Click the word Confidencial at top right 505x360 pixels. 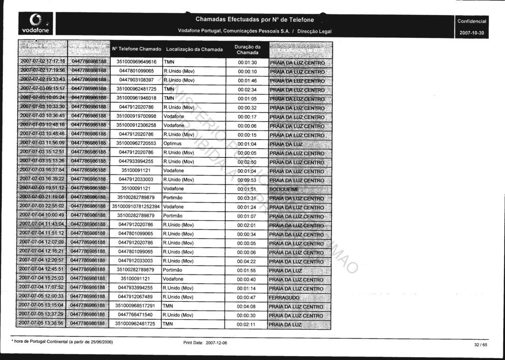click(x=472, y=21)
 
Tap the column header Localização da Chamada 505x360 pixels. click(x=194, y=49)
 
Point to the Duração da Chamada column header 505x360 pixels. click(x=247, y=49)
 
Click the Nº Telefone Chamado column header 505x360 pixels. click(x=137, y=49)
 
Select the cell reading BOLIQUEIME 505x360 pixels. click(x=284, y=189)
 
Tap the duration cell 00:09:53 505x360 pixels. click(x=247, y=180)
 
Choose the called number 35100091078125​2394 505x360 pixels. click(x=136, y=207)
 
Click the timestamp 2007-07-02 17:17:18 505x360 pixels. click(x=42, y=62)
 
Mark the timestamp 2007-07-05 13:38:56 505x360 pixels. click(x=42, y=324)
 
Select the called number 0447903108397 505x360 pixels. click(x=136, y=80)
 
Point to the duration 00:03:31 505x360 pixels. click(x=247, y=198)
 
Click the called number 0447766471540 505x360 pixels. click(x=136, y=315)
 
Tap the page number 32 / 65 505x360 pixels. click(x=480, y=345)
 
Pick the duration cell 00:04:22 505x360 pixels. click(x=247, y=261)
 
